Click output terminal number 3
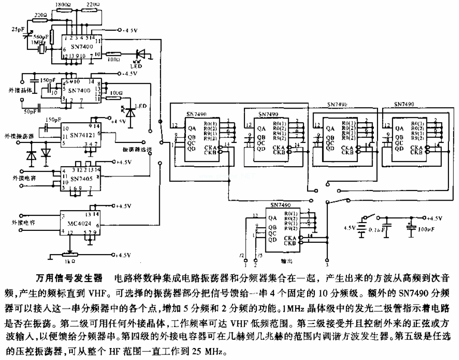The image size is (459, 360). coord(327,265)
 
